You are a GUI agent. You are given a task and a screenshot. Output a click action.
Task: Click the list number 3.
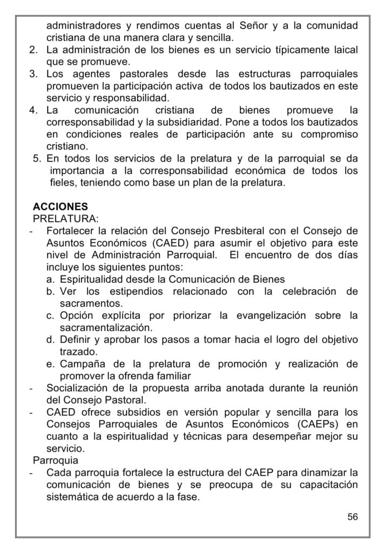[32, 73]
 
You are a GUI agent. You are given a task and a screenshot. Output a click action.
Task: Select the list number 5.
[37, 160]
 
